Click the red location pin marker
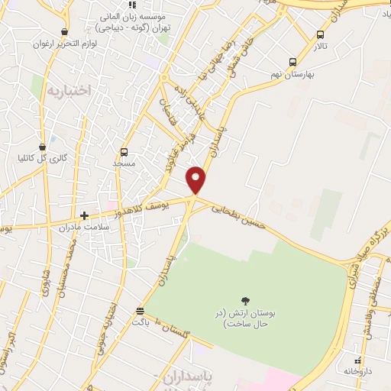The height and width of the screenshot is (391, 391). point(197,179)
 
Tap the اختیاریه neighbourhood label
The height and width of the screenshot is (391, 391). point(69,90)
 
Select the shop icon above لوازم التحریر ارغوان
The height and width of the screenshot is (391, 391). point(64,32)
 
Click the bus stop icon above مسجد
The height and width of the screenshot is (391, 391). point(124,152)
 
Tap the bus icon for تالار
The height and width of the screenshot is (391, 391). point(319,34)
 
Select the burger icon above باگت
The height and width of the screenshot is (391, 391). point(139,311)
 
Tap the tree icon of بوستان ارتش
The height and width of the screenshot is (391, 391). point(245,301)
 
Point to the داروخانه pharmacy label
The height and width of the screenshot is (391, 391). point(358,370)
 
